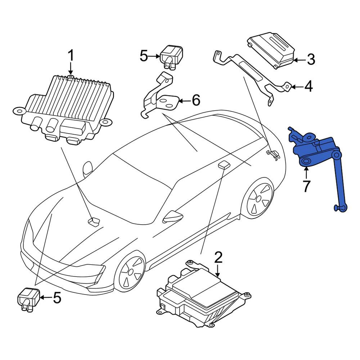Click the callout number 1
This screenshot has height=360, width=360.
pyautogui.click(x=71, y=56)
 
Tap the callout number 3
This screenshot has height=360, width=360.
pyautogui.click(x=311, y=59)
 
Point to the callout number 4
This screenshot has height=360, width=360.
pyautogui.click(x=309, y=86)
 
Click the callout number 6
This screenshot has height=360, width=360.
pyautogui.click(x=196, y=100)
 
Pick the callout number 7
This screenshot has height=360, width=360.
pyautogui.click(x=306, y=186)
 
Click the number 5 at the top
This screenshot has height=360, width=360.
pyautogui.click(x=144, y=56)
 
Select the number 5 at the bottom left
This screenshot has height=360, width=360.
pyautogui.click(x=57, y=298)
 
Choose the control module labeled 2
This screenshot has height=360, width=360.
pyautogui.click(x=203, y=295)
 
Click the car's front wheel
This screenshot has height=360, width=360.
pyautogui.click(x=130, y=272)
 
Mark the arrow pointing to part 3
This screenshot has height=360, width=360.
pyautogui.click(x=299, y=60)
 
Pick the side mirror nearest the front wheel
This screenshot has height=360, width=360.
pyautogui.click(x=173, y=216)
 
